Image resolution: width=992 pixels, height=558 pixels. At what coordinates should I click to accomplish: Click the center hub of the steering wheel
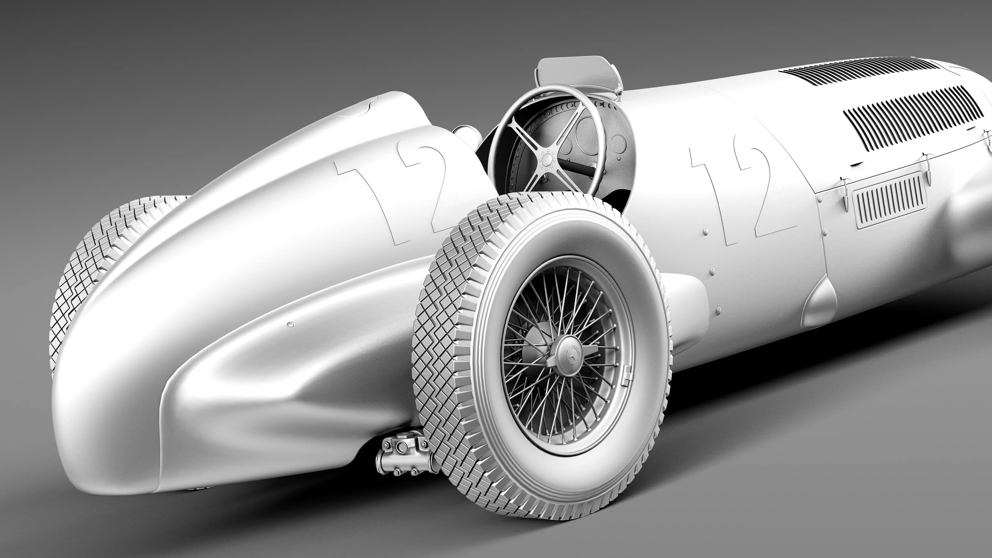pyautogui.click(x=546, y=159)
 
